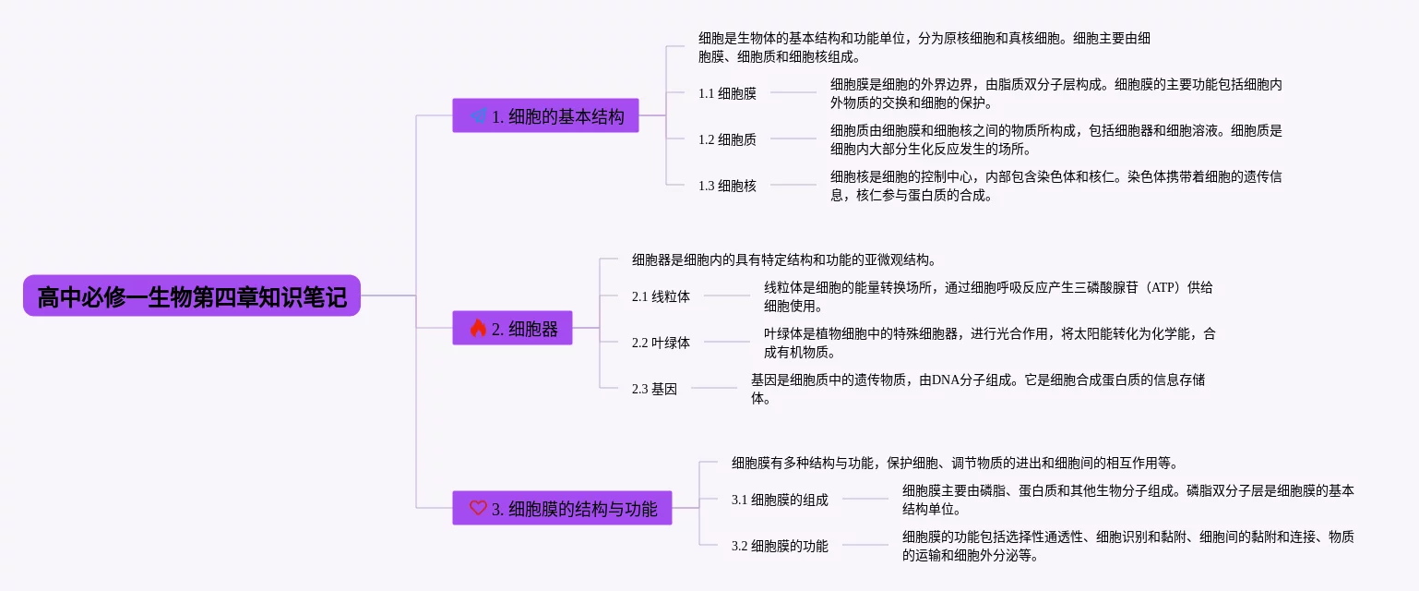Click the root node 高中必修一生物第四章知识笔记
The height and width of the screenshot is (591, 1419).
click(192, 296)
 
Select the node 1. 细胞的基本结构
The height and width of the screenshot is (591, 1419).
click(545, 116)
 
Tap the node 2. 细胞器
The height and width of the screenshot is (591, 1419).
click(512, 329)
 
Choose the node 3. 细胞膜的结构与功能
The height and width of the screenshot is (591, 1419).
click(562, 508)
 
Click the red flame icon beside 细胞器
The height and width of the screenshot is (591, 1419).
click(478, 329)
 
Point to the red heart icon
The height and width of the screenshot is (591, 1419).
click(478, 508)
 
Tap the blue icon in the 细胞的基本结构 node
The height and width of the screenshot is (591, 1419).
click(478, 116)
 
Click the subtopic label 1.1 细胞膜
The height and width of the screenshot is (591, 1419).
click(727, 93)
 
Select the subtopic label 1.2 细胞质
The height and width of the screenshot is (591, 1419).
click(727, 139)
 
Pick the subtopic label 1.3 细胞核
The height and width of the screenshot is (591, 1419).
click(727, 186)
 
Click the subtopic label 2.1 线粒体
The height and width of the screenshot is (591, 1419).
click(661, 296)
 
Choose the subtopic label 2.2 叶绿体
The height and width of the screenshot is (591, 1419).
click(661, 343)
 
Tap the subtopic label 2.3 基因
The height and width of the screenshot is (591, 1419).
click(654, 389)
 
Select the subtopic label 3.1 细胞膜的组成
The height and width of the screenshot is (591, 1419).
click(780, 500)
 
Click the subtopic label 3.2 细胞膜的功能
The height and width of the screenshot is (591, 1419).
click(780, 546)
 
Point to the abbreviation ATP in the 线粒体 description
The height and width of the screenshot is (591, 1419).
click(1163, 287)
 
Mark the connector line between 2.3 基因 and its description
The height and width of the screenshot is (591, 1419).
click(714, 389)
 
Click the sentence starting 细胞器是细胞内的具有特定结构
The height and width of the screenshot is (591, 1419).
click(784, 259)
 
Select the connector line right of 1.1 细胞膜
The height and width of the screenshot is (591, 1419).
click(793, 92)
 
